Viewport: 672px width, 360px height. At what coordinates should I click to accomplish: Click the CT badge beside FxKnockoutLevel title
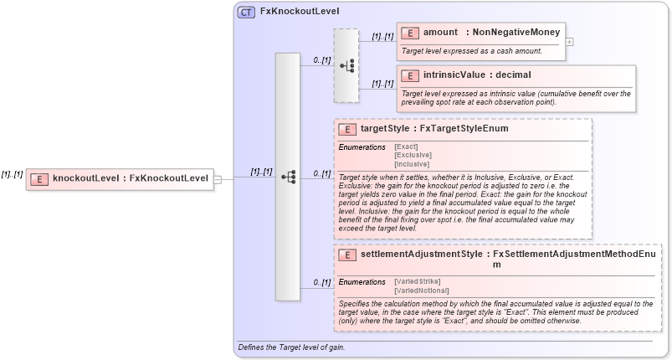pyautogui.click(x=246, y=13)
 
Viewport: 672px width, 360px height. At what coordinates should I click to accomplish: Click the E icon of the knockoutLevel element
pyautogui.click(x=39, y=178)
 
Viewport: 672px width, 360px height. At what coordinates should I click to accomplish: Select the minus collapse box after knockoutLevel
pyautogui.click(x=217, y=178)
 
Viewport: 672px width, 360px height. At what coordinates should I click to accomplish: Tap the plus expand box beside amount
pyautogui.click(x=570, y=40)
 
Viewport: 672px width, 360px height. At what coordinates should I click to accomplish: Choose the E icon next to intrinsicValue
pyautogui.click(x=410, y=75)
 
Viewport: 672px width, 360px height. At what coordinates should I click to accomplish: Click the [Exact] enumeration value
pyautogui.click(x=406, y=147)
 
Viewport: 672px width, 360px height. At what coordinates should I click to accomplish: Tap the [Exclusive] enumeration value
pyautogui.click(x=413, y=155)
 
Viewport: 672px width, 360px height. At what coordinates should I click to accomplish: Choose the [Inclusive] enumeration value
pyautogui.click(x=413, y=164)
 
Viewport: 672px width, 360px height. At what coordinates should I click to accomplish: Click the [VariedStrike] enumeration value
pyautogui.click(x=417, y=280)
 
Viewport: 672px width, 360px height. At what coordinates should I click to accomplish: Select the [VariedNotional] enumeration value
pyautogui.click(x=420, y=290)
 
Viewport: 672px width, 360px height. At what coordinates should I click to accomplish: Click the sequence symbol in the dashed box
pyautogui.click(x=346, y=65)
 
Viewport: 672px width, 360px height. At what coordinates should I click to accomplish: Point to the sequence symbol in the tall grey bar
pyautogui.click(x=288, y=177)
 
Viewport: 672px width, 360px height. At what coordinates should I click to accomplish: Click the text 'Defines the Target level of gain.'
pyautogui.click(x=291, y=347)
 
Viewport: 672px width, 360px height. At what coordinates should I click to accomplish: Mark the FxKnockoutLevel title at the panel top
pyautogui.click(x=294, y=13)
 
